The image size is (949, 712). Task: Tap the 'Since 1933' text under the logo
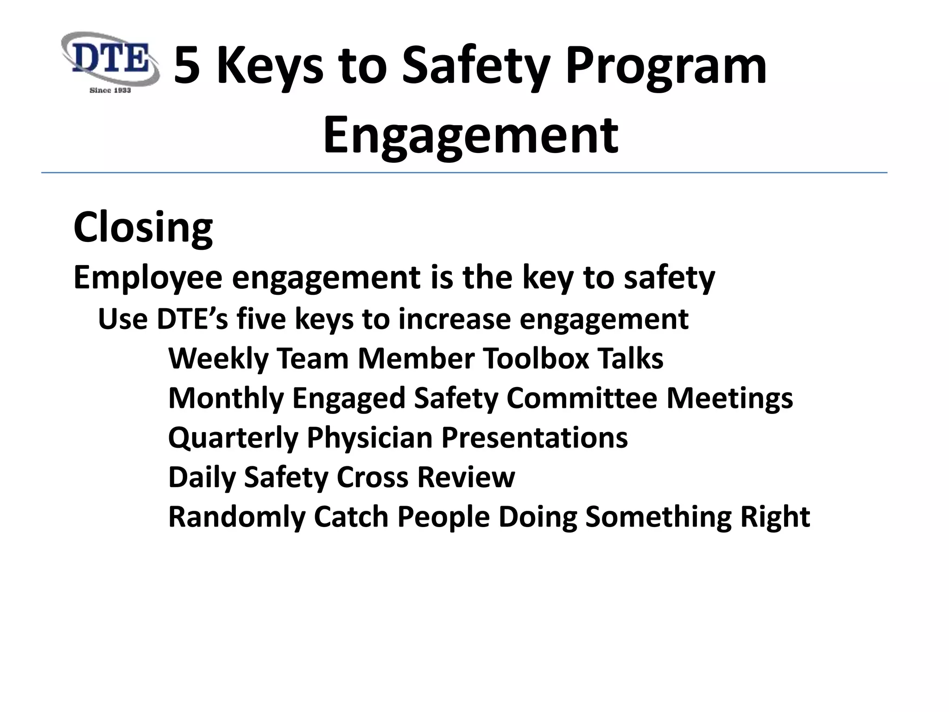tap(110, 90)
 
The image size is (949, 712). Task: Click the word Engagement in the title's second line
tap(470, 135)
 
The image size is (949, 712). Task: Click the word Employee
tap(148, 278)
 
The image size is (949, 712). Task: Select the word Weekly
tap(218, 359)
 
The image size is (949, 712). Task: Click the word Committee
tap(582, 398)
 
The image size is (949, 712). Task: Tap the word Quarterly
tap(233, 438)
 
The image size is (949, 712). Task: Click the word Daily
tap(202, 477)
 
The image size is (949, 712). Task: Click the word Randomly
tap(237, 517)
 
